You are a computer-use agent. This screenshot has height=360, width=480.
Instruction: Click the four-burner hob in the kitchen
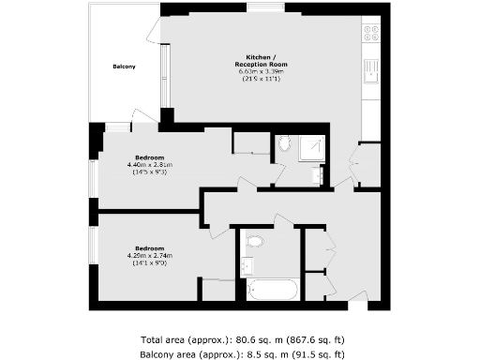[370, 35]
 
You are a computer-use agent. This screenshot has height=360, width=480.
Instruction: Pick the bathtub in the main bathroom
[272, 289]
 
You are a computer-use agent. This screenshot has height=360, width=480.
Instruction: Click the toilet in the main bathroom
[254, 241]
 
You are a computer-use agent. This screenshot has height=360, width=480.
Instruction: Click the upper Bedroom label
[150, 157]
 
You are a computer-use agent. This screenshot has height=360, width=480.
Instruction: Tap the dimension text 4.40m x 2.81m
[150, 165]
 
